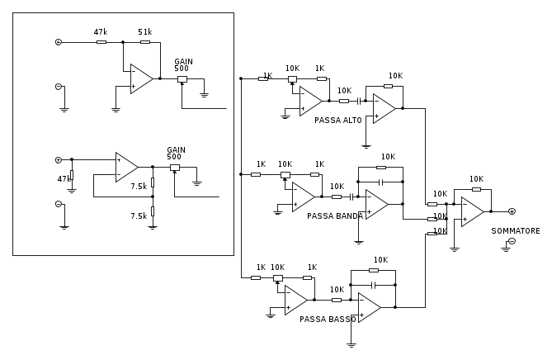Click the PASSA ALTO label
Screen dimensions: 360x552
[x=337, y=121]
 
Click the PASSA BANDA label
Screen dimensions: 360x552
[x=335, y=216]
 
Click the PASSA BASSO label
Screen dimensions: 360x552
[x=328, y=319]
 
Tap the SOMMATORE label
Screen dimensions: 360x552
[x=516, y=231]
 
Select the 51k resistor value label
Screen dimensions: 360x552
[x=145, y=31]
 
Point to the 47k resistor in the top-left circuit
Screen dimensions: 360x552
[x=101, y=41]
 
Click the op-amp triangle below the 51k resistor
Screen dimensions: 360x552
[x=141, y=78]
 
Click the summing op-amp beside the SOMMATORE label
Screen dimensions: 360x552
[x=472, y=211]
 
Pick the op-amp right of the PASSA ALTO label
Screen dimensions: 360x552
[x=384, y=107]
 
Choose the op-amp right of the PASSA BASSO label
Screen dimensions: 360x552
[x=369, y=307]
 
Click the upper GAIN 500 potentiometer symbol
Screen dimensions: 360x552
[x=182, y=79]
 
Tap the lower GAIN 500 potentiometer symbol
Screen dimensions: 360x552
[x=174, y=168]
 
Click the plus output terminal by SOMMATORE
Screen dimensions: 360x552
[x=512, y=211]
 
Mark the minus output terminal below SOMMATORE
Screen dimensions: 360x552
[x=512, y=241]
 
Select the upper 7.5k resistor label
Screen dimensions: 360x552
[x=139, y=187]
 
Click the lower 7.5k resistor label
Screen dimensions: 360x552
[x=139, y=216]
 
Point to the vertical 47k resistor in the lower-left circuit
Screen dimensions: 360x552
[x=72, y=175]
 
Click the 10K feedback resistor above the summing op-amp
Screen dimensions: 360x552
[x=476, y=189]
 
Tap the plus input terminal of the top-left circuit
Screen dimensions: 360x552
[x=58, y=41]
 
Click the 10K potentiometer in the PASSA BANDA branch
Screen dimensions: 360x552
[x=285, y=174]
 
